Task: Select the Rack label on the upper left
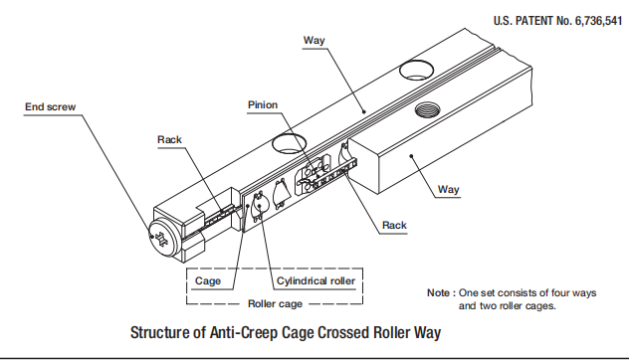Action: (x=170, y=139)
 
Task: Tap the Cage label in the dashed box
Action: (x=209, y=281)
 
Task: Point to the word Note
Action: (x=439, y=294)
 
